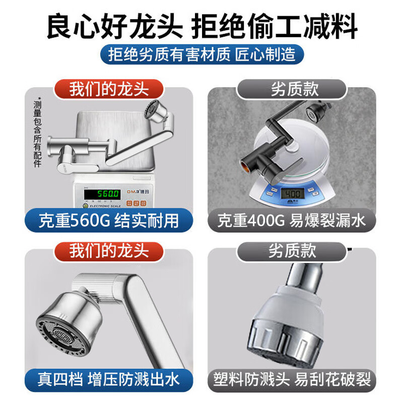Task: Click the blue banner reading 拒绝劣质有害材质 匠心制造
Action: pos(201,54)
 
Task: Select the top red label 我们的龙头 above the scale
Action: pos(109,90)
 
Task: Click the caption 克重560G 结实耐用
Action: pos(109,221)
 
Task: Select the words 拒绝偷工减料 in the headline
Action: pos(275,26)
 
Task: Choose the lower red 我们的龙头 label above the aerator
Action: pos(109,250)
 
